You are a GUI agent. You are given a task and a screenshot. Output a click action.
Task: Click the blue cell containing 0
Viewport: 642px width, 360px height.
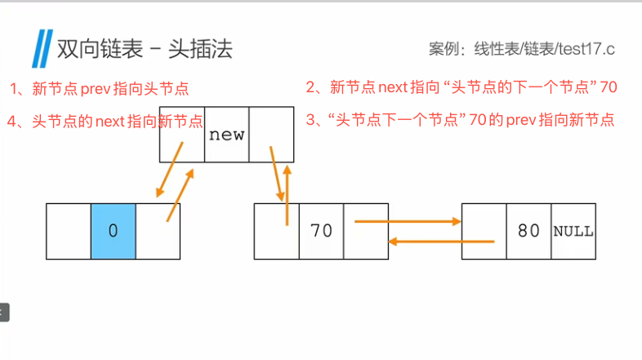pyautogui.click(x=113, y=231)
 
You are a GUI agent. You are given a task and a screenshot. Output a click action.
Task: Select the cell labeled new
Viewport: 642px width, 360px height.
pyautogui.click(x=226, y=135)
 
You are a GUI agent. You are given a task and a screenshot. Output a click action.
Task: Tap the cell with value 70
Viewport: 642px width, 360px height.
pyautogui.click(x=321, y=231)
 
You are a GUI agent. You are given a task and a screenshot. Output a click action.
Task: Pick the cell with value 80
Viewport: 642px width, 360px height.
pyautogui.click(x=528, y=231)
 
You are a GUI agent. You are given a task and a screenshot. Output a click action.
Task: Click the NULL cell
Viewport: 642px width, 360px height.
pyautogui.click(x=573, y=231)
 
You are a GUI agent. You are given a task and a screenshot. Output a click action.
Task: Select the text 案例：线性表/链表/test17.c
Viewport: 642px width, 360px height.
pyautogui.click(x=521, y=49)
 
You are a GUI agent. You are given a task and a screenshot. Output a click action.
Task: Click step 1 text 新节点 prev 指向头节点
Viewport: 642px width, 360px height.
pyautogui.click(x=105, y=88)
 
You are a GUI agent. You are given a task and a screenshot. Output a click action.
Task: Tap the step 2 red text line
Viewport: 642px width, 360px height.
pyautogui.click(x=461, y=87)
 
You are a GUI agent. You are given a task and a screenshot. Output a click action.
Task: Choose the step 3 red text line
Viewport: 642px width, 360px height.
pyautogui.click(x=460, y=121)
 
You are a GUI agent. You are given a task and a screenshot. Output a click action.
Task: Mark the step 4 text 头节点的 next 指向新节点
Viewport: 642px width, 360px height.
pyautogui.click(x=105, y=122)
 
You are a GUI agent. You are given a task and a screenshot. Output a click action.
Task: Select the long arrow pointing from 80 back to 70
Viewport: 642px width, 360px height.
pyautogui.click(x=441, y=241)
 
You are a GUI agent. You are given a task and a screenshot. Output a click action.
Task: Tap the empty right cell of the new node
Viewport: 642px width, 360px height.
pyautogui.click(x=271, y=135)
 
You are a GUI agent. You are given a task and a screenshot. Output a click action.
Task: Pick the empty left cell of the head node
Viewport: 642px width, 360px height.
pyautogui.click(x=69, y=231)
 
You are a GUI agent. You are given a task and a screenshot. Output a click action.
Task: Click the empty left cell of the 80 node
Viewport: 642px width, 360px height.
pyautogui.click(x=484, y=231)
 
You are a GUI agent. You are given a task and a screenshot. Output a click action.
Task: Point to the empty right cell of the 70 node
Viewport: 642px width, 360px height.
pyautogui.click(x=365, y=231)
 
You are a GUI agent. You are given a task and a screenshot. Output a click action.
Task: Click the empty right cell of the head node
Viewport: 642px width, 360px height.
pyautogui.click(x=158, y=231)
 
